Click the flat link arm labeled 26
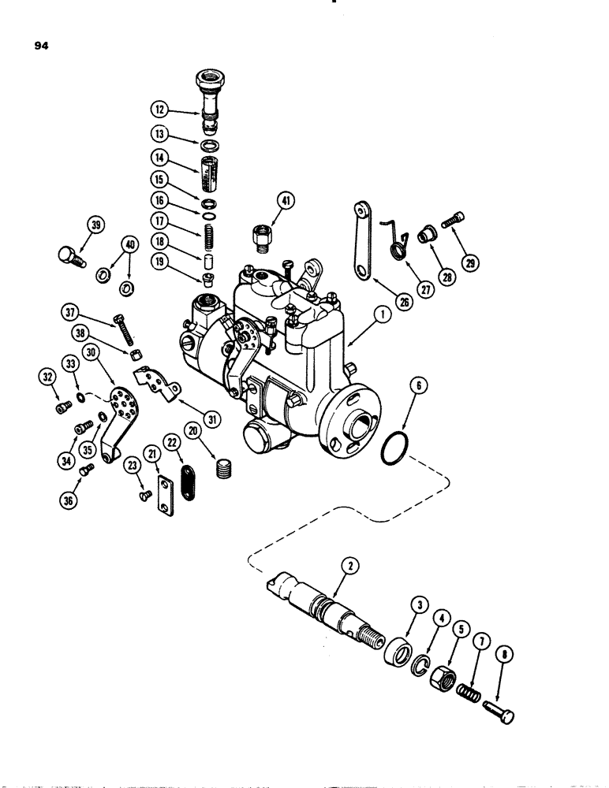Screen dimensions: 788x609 pyautogui.click(x=361, y=240)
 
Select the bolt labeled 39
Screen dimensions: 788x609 pyautogui.click(x=69, y=256)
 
